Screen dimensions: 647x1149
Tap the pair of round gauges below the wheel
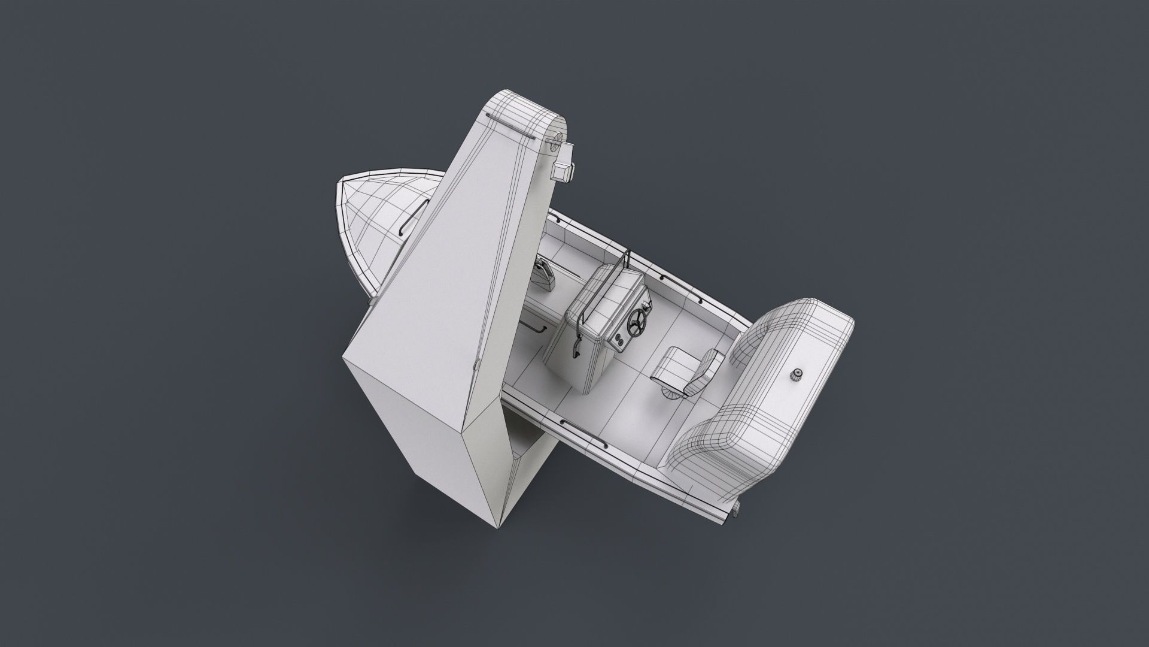tap(618, 341)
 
